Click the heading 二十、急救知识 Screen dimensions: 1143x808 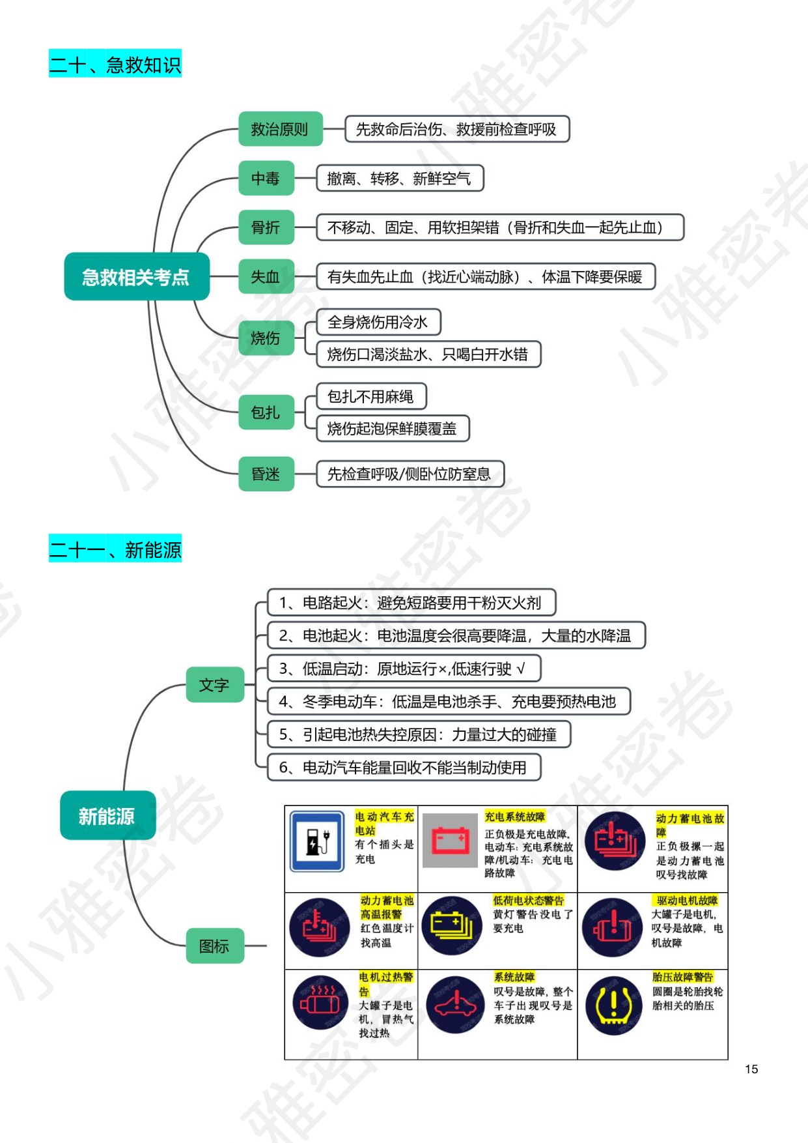point(115,64)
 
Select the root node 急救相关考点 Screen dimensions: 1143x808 point(136,277)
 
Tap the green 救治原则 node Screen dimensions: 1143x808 point(280,129)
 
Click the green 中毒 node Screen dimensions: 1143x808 point(266,178)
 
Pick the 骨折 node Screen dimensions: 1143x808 point(266,227)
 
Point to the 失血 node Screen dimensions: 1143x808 point(266,277)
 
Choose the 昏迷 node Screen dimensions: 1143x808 point(266,474)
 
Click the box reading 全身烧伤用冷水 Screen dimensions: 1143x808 point(378,322)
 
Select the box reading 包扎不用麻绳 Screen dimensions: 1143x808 point(370,396)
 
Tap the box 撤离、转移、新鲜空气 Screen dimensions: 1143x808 point(399,178)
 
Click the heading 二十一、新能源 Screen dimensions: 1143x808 point(115,549)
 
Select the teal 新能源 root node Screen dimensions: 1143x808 point(107,815)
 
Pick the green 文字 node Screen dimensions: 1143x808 point(214,685)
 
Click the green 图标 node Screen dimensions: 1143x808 point(214,946)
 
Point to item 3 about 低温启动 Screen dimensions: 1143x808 point(404,669)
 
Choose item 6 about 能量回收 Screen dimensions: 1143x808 point(404,768)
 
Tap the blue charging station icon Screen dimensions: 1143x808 point(317,841)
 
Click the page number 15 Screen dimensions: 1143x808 point(751,1069)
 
